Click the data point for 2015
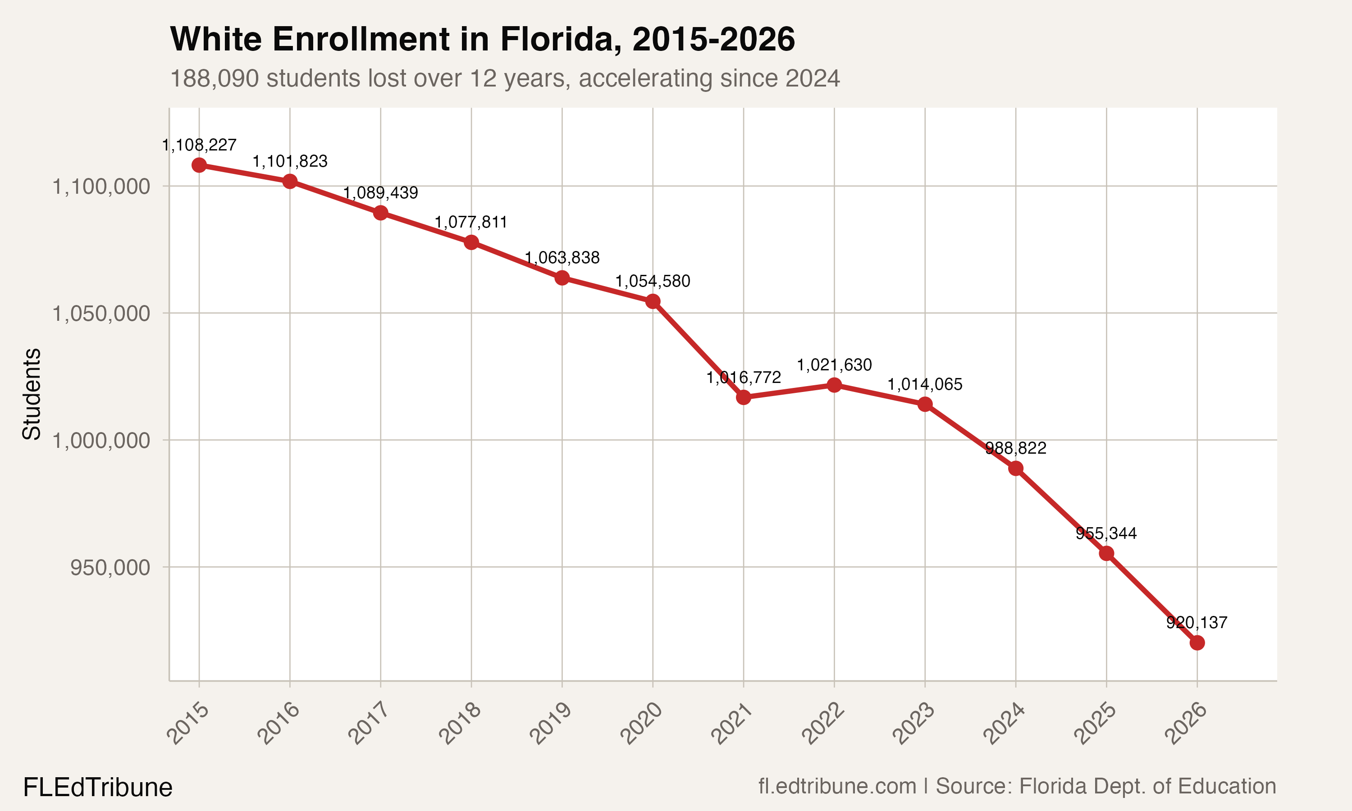click(x=199, y=165)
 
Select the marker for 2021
click(x=743, y=397)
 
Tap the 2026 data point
click(x=1197, y=642)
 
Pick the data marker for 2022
click(x=834, y=385)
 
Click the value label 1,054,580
click(x=653, y=282)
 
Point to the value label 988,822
click(x=1015, y=449)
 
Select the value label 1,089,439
click(x=380, y=193)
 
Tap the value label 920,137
click(x=1197, y=623)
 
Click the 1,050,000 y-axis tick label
click(x=100, y=314)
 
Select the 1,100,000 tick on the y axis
click(x=100, y=187)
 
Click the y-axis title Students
click(x=32, y=393)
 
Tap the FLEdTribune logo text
click(x=98, y=788)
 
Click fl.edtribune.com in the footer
click(x=837, y=786)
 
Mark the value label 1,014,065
click(x=925, y=385)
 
